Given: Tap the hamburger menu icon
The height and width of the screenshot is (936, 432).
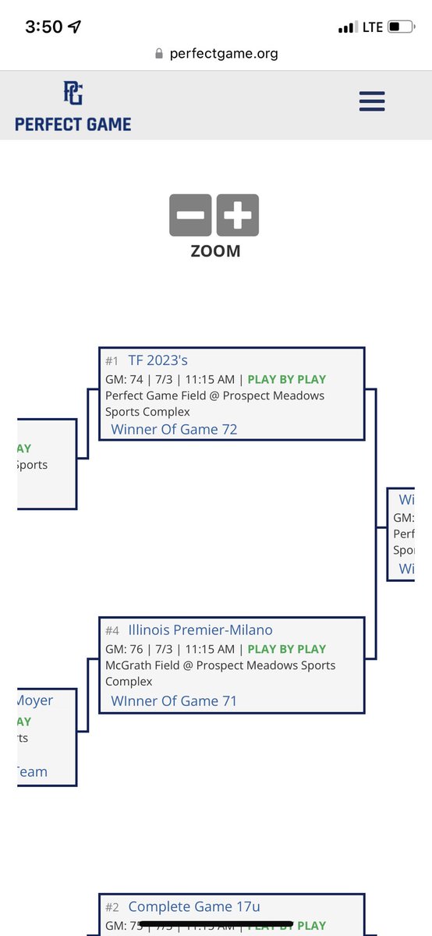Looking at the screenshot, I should tap(372, 101).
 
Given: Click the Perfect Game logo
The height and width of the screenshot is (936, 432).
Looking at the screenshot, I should tap(73, 106).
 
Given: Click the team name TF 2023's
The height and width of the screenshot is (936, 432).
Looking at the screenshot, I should tap(158, 360).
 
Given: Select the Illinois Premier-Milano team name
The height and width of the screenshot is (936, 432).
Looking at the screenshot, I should tap(200, 630).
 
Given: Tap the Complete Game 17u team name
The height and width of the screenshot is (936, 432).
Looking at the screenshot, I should tap(194, 906).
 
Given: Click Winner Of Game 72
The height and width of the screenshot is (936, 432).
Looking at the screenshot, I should tap(174, 429).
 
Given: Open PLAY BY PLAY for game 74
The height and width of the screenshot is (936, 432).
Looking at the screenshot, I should tap(287, 380).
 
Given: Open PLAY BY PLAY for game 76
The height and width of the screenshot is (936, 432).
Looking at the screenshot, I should tap(287, 649).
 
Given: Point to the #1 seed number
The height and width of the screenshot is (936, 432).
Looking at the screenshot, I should tap(112, 361).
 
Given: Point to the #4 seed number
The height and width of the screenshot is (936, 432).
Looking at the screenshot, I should tap(112, 631).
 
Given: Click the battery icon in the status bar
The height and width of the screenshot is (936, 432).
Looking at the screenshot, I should tap(401, 27).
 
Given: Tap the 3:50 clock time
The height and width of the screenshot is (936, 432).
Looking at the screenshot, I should tap(44, 27).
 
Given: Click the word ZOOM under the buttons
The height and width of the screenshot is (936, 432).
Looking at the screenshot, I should tap(215, 251).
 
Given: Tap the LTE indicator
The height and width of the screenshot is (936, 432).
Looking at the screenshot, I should tap(372, 27).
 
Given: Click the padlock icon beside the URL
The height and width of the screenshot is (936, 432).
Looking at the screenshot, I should tap(159, 54).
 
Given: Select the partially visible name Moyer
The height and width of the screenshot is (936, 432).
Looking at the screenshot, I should tap(35, 700).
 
